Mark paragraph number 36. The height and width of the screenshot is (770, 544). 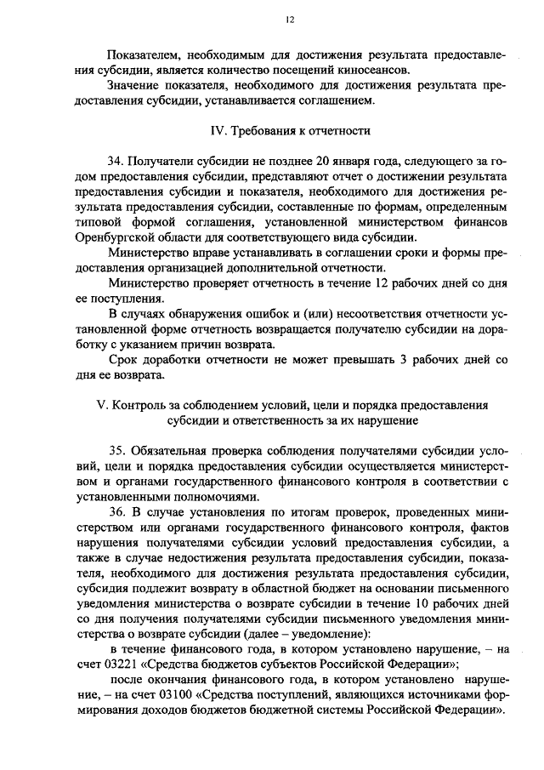(x=116, y=513)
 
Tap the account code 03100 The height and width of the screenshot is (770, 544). (x=159, y=697)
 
